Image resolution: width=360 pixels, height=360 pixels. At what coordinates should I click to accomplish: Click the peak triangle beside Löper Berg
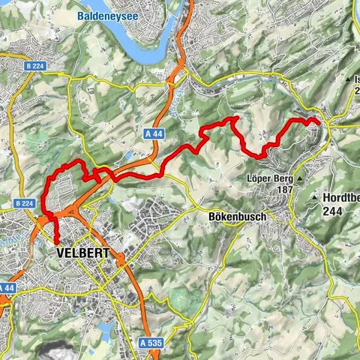[x=299, y=180]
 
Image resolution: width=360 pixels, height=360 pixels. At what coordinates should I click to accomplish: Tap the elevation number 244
[x=333, y=211]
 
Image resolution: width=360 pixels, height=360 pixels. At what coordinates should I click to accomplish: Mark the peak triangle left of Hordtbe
[x=313, y=198]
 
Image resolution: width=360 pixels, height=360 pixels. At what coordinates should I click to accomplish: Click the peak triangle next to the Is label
[x=349, y=79]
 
